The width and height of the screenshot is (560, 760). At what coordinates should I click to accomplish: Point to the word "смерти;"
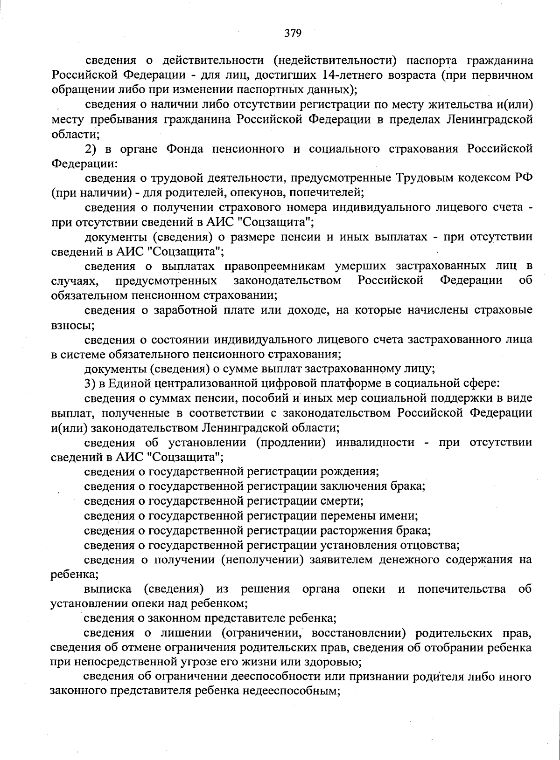[x=343, y=501]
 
